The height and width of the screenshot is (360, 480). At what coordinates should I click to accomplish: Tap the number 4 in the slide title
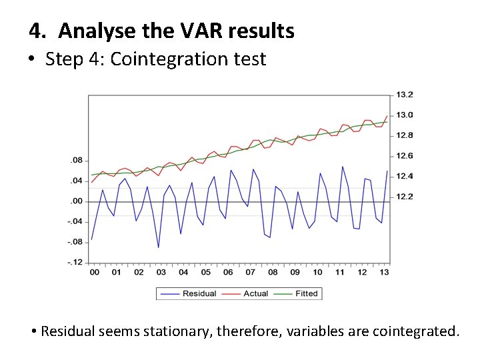[35, 31]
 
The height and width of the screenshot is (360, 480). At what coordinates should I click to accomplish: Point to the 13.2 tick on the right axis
[405, 94]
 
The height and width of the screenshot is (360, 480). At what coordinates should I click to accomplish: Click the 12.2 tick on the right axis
[405, 197]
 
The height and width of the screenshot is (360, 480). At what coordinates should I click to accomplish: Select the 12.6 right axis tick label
[405, 156]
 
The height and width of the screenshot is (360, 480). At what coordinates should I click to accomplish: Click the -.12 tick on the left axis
[75, 262]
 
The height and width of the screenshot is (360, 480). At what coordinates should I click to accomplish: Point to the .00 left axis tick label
[77, 201]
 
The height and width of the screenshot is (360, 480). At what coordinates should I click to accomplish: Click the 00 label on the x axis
[94, 272]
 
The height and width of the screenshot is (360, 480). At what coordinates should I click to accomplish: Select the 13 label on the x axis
[384, 272]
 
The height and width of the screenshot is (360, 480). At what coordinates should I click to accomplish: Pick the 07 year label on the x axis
[250, 272]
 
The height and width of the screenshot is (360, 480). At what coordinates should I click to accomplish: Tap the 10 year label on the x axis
[317, 272]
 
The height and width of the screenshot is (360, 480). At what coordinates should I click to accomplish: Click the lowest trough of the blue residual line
[158, 247]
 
